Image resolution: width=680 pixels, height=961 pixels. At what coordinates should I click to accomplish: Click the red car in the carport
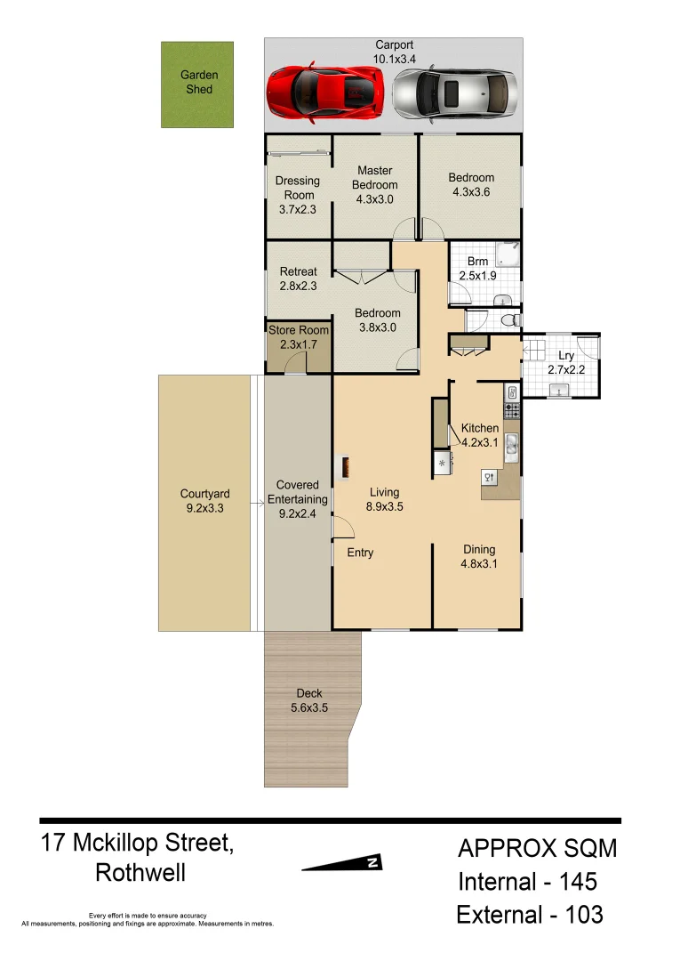click(326, 91)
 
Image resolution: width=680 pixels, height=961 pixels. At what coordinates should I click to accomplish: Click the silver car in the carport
click(454, 93)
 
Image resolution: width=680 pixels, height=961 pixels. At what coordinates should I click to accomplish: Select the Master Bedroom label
click(374, 178)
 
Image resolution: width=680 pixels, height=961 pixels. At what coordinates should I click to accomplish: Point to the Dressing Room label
click(298, 188)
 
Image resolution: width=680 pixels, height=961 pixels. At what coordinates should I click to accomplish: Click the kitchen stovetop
click(512, 410)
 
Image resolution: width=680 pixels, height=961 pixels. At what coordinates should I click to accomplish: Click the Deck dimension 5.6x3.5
click(309, 709)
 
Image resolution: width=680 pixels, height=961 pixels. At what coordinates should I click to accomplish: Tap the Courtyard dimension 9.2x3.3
click(204, 509)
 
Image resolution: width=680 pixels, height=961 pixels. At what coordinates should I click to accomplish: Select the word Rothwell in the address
click(140, 873)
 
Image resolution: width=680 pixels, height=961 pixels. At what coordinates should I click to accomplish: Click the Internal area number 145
click(578, 882)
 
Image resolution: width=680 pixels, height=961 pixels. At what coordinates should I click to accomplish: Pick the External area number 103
click(581, 914)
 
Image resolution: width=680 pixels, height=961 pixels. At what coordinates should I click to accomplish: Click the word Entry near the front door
click(360, 553)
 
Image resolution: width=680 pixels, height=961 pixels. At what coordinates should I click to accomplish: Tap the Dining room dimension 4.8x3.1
click(477, 564)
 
